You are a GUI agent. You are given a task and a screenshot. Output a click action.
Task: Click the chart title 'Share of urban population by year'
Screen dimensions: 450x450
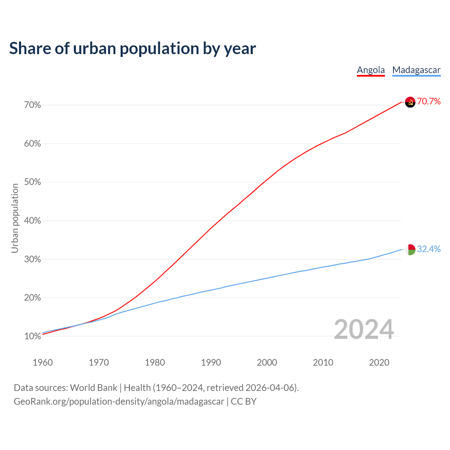click(x=133, y=49)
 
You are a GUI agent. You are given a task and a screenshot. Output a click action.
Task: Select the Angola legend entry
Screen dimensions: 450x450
click(x=371, y=70)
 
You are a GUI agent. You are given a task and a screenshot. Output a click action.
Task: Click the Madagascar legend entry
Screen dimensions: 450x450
click(x=416, y=70)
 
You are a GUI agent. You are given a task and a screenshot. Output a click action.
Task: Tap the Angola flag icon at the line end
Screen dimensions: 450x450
click(x=410, y=102)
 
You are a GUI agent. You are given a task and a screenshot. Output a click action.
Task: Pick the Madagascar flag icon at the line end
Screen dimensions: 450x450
click(x=410, y=250)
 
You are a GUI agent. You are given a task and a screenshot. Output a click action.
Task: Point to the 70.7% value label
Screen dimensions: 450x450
click(x=429, y=102)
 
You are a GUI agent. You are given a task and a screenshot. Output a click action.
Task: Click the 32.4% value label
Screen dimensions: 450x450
click(x=429, y=249)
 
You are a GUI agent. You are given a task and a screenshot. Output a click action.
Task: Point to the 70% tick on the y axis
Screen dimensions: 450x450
click(x=33, y=105)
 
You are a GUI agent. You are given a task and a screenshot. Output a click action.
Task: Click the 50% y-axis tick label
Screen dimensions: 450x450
click(x=33, y=182)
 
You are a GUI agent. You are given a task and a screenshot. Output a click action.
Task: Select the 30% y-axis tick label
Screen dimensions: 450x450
click(x=33, y=259)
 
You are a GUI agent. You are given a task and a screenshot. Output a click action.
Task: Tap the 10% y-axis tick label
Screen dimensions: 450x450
click(x=33, y=336)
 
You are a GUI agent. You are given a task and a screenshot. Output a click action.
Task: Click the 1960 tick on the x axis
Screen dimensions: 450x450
click(x=43, y=362)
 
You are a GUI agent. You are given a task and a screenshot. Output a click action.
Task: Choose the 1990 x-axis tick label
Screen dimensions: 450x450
click(x=211, y=362)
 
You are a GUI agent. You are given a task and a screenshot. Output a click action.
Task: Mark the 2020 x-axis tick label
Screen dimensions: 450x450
click(x=379, y=362)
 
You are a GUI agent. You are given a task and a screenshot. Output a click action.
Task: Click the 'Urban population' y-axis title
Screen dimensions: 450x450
click(x=15, y=218)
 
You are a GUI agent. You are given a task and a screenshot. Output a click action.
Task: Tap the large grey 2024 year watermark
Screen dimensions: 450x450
click(x=364, y=330)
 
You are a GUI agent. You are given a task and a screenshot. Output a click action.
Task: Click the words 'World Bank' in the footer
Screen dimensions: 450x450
click(x=94, y=388)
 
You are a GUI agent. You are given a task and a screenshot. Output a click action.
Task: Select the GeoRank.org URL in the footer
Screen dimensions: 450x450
click(x=119, y=401)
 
